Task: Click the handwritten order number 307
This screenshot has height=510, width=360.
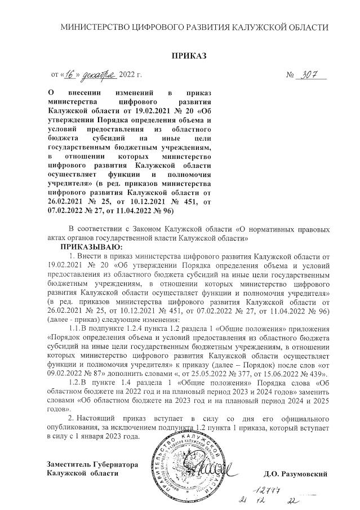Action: point(309,74)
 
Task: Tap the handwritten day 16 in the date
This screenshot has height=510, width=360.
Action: point(70,74)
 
